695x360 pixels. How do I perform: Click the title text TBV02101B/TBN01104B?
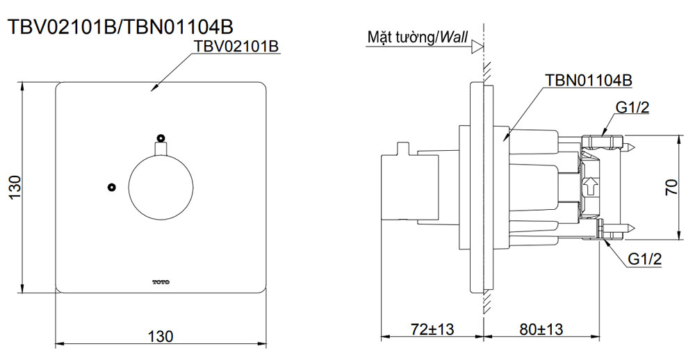(120, 26)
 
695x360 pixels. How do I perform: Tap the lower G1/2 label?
(644, 259)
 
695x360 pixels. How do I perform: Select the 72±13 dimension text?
(430, 329)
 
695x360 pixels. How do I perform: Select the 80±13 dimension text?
(540, 329)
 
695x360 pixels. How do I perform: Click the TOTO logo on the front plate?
(161, 282)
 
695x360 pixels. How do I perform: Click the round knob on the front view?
(161, 188)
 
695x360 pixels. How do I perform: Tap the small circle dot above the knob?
(161, 138)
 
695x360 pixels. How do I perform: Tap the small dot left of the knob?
(110, 187)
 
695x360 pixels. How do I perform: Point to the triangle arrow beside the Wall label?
(477, 47)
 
